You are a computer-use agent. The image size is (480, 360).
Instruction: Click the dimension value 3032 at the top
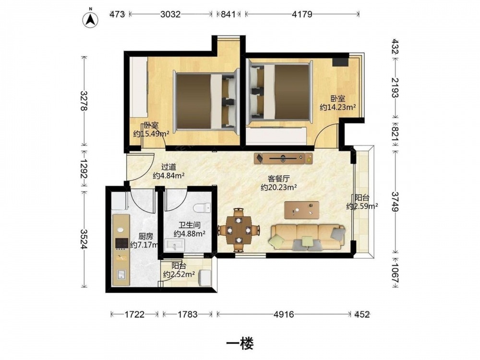click(170, 14)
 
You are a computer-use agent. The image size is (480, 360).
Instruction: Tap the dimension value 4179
click(302, 14)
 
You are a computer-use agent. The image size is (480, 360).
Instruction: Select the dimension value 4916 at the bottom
click(284, 314)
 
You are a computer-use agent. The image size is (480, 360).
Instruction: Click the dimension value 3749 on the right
click(395, 202)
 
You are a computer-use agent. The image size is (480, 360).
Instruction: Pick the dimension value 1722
click(134, 314)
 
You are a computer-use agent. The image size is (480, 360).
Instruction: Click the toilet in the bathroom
click(203, 208)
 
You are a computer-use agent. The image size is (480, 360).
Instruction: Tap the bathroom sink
click(175, 245)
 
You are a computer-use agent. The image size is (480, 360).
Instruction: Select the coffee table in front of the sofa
click(301, 210)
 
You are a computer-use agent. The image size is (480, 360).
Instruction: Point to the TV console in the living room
click(284, 158)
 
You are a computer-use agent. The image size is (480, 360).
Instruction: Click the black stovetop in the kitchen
click(121, 243)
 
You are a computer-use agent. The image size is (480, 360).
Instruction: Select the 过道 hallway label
click(168, 167)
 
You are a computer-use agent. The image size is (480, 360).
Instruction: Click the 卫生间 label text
click(190, 225)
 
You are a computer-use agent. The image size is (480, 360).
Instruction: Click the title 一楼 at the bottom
click(240, 344)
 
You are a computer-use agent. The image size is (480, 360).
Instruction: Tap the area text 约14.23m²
click(337, 107)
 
